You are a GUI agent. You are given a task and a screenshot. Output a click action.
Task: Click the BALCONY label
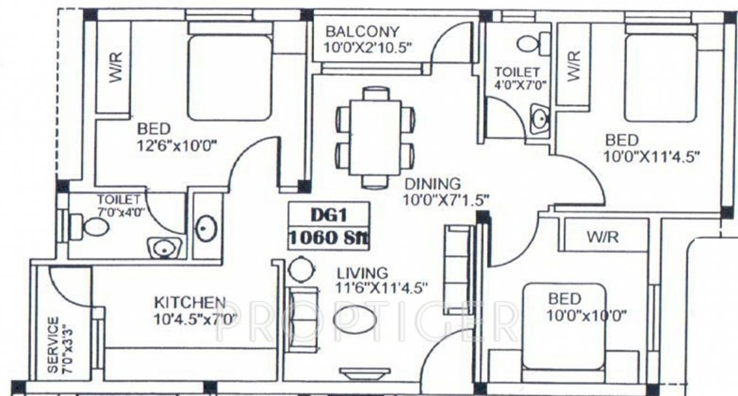pyautogui.click(x=362, y=31)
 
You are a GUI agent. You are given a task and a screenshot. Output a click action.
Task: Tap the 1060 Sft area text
pyautogui.click(x=329, y=238)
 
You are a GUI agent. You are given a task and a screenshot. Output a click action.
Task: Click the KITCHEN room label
pyautogui.click(x=189, y=303)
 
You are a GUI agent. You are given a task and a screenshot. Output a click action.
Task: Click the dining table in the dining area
pyautogui.click(x=376, y=137)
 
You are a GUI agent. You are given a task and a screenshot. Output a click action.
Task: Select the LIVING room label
pyautogui.click(x=362, y=273)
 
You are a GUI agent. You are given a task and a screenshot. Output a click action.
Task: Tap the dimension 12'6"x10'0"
pyautogui.click(x=177, y=146)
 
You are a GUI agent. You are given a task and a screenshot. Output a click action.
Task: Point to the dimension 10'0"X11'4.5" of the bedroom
pyautogui.click(x=652, y=157)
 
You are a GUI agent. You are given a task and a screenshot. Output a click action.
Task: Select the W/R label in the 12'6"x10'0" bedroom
pyautogui.click(x=115, y=67)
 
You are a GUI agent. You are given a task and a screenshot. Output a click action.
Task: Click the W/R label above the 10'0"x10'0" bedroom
pyautogui.click(x=602, y=237)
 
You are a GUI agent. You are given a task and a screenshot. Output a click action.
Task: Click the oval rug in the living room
pyautogui.click(x=355, y=319)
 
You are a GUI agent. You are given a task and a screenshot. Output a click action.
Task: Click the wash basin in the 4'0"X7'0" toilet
pyautogui.click(x=540, y=118)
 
